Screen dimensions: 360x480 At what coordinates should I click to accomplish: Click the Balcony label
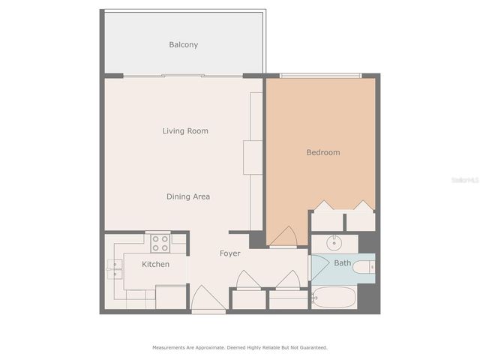point(184,45)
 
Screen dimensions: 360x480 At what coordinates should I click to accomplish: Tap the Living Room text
point(185,131)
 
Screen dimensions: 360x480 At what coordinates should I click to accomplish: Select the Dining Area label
point(187,196)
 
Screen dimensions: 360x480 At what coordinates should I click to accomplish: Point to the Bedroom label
point(323,152)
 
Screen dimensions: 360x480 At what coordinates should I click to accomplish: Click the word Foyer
point(229,253)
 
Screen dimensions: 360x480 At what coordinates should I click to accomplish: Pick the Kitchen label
point(155,264)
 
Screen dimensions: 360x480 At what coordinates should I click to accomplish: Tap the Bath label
point(343,263)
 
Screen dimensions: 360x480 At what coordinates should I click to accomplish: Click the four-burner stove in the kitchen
point(159,242)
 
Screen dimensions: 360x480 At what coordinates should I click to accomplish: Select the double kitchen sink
point(115,268)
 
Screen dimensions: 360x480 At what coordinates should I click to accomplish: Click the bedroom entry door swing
point(283,238)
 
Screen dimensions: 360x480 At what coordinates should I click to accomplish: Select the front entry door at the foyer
point(208,300)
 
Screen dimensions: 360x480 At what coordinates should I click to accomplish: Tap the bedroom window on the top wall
point(320,75)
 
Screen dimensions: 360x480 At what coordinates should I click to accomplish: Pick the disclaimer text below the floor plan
point(240,348)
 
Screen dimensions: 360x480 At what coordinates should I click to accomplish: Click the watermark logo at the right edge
point(468,180)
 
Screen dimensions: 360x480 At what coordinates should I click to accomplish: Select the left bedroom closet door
point(327,206)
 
